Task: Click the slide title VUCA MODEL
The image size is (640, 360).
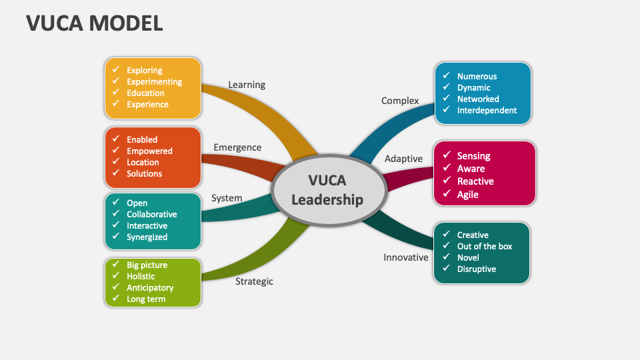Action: (94, 23)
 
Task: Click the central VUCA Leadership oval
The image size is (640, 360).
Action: (327, 190)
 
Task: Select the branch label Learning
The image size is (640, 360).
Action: (247, 85)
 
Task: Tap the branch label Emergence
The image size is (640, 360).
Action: (237, 147)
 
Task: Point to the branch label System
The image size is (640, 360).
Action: (227, 198)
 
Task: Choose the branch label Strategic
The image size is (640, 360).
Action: (254, 281)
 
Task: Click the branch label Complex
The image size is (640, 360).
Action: (400, 101)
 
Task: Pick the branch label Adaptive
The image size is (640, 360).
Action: (403, 159)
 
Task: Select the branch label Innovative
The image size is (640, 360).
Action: (405, 257)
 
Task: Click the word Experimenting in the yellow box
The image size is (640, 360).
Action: (154, 81)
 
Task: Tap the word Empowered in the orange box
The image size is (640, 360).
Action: (149, 151)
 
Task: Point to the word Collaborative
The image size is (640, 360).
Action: (152, 214)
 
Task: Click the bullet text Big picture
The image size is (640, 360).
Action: (147, 265)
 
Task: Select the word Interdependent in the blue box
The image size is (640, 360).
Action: (487, 110)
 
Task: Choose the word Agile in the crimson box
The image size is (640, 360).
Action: (467, 195)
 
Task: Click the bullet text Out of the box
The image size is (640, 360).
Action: (485, 246)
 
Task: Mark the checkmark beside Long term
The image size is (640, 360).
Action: (115, 299)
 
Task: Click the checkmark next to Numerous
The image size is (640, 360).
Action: (446, 76)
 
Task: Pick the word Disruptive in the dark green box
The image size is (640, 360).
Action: (476, 269)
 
